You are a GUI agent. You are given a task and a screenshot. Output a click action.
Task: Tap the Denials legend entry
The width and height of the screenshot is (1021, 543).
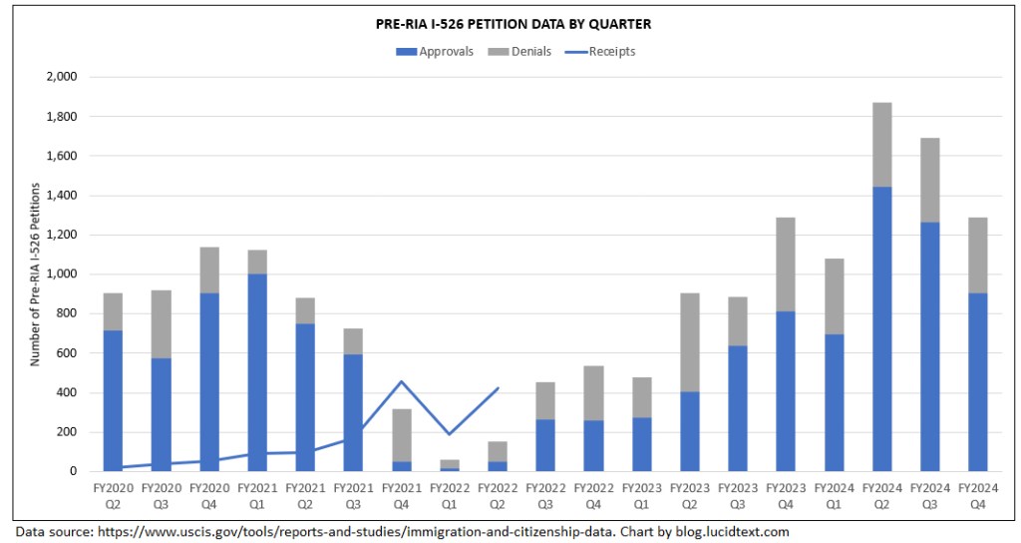(517, 51)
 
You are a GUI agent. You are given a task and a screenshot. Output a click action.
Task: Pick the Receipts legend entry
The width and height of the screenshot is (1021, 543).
(604, 51)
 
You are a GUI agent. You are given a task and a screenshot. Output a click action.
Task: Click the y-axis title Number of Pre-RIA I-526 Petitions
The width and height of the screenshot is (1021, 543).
(35, 273)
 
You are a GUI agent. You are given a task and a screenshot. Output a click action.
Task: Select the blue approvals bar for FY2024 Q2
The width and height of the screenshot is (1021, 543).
(881, 329)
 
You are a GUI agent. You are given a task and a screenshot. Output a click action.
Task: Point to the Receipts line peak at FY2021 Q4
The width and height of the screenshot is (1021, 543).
(401, 381)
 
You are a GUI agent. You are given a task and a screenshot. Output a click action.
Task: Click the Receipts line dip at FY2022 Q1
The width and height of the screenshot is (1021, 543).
(449, 434)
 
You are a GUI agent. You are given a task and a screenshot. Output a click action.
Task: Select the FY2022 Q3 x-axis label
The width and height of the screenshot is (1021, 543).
(544, 496)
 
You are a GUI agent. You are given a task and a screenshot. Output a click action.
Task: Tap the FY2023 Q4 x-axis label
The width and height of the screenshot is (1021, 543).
(786, 496)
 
